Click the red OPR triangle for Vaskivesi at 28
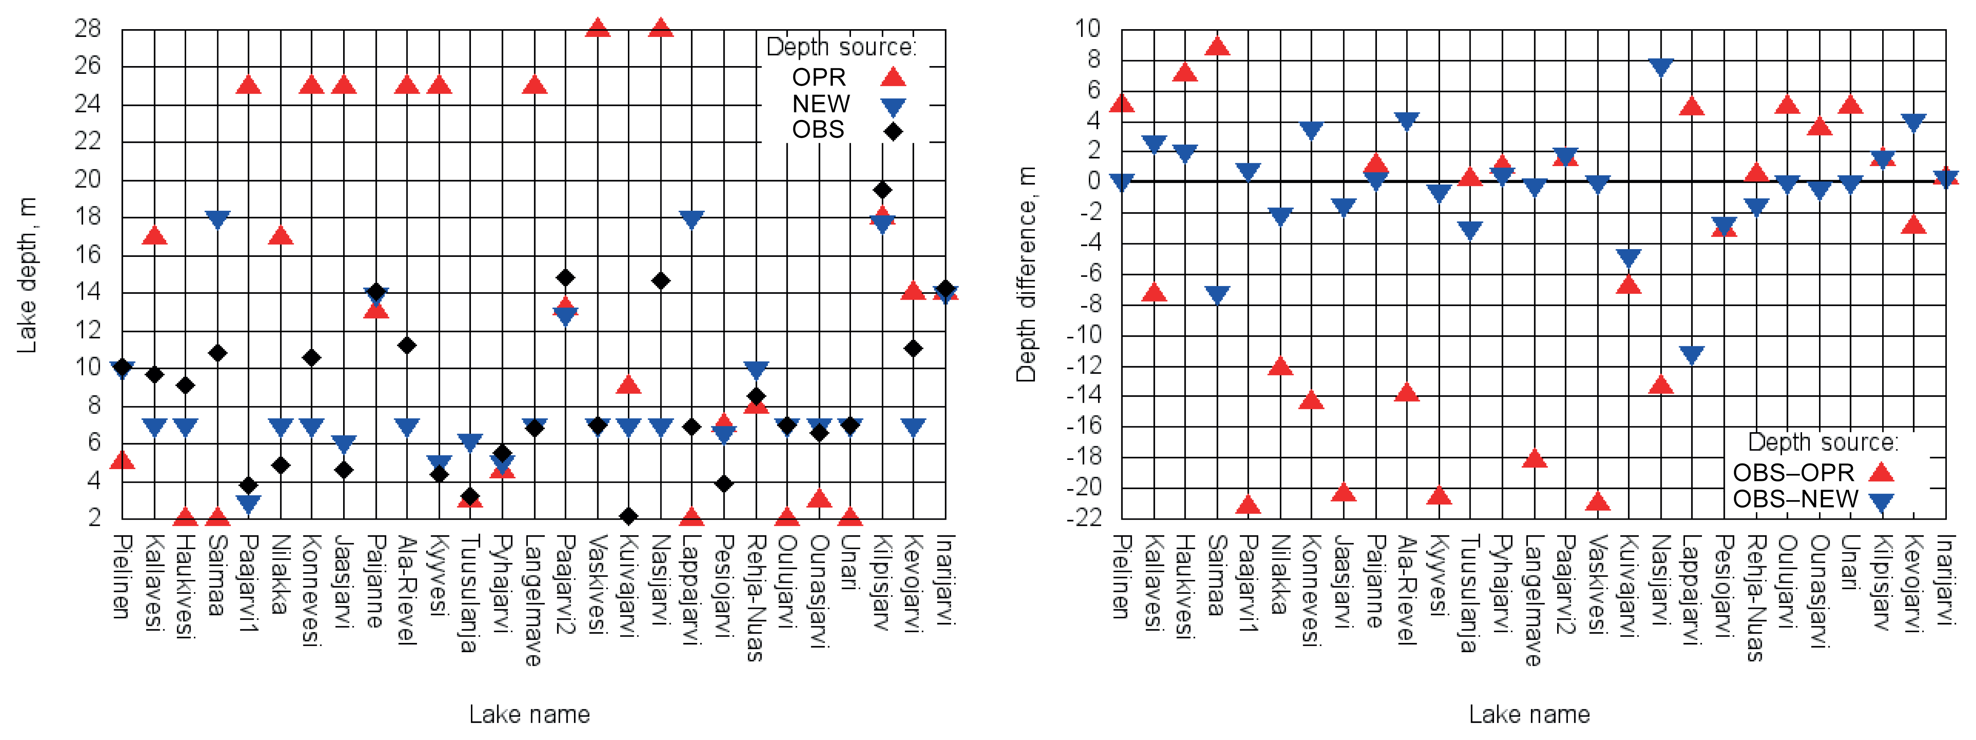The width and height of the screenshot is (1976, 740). tap(598, 28)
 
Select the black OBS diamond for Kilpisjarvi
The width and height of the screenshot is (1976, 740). tap(882, 189)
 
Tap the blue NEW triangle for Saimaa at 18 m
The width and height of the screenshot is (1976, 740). tap(218, 219)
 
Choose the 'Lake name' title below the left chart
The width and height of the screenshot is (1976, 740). tap(529, 715)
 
